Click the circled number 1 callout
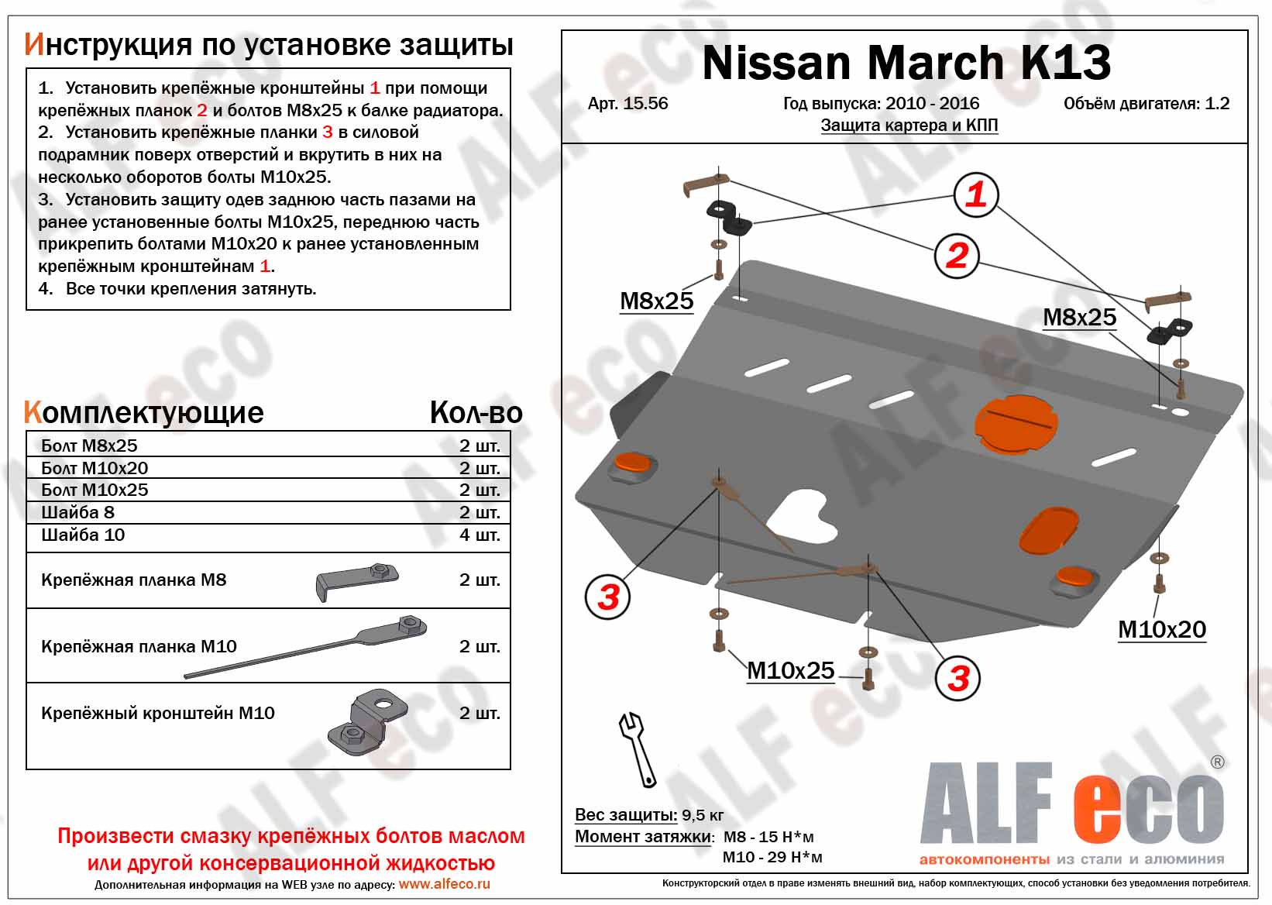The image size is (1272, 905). click(975, 194)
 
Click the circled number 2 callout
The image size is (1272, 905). click(957, 256)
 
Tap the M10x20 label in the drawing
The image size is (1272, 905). click(1162, 630)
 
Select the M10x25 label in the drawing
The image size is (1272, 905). click(790, 671)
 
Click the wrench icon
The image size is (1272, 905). click(638, 749)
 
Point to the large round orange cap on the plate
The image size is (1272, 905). click(1016, 424)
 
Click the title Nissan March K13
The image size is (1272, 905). click(906, 63)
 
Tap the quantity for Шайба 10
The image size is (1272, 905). click(480, 535)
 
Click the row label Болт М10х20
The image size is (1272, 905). click(95, 468)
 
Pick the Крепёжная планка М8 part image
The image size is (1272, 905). click(356, 580)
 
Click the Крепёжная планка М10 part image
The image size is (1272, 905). click(305, 646)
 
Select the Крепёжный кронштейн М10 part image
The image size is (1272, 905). click(367, 723)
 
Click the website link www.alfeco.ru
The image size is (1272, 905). click(444, 885)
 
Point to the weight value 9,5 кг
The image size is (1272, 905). click(703, 816)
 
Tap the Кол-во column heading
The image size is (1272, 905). click(476, 412)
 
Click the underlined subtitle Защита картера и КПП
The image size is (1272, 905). click(909, 126)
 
